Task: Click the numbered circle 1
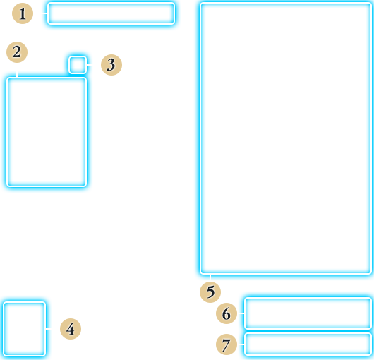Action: point(23,13)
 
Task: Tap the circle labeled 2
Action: point(17,52)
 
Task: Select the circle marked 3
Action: point(111,65)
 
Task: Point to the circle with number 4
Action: point(71,329)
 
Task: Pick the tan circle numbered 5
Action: point(210,292)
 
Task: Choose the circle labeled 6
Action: point(227,313)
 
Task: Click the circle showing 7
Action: point(227,344)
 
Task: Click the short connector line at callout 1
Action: point(45,13)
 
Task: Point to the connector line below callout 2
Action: point(17,74)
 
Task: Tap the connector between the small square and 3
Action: point(89,65)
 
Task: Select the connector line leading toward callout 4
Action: point(49,329)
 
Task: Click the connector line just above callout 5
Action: point(210,277)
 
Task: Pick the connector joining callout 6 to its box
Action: point(241,313)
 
